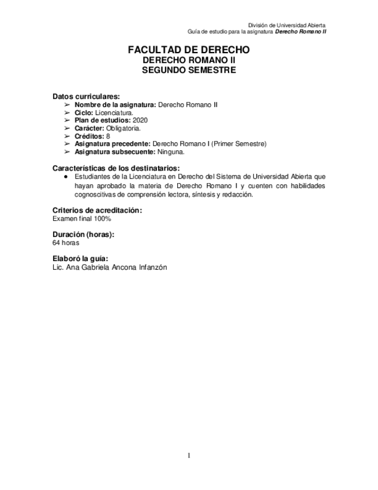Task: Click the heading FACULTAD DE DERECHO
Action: pyautogui.click(x=189, y=50)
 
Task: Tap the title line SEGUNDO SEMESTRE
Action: pyautogui.click(x=189, y=70)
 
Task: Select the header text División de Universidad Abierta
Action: pyautogui.click(x=286, y=25)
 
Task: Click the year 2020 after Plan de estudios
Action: pyautogui.click(x=140, y=120)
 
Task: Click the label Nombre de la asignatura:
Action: pyautogui.click(x=115, y=104)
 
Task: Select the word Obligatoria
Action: pyautogui.click(x=123, y=128)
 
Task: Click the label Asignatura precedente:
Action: pyautogui.click(x=113, y=144)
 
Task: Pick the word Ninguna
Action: pyautogui.click(x=171, y=152)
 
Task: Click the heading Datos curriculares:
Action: pyautogui.click(x=87, y=96)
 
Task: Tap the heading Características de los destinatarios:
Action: pyautogui.click(x=116, y=168)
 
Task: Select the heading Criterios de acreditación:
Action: pyautogui.click(x=97, y=210)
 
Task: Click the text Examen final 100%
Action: pyautogui.click(x=81, y=219)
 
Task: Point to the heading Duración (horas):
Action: pyautogui.click(x=83, y=234)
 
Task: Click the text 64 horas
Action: pyautogui.click(x=66, y=243)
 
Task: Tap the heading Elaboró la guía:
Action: pyautogui.click(x=80, y=258)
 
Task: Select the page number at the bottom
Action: pyautogui.click(x=189, y=456)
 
